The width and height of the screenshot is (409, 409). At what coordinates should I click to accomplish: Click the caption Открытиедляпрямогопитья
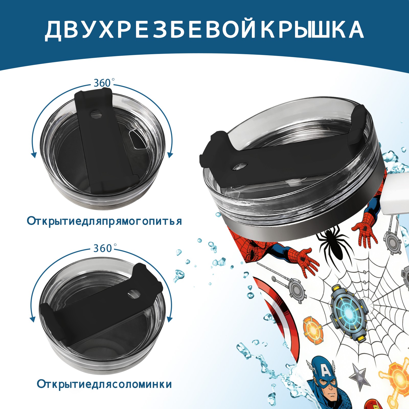coord(104,221)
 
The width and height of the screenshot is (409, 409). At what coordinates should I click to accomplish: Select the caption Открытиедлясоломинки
coord(104,384)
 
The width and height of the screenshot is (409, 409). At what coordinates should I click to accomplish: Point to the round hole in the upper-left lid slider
coord(96,114)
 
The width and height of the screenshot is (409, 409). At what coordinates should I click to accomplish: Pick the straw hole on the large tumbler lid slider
coord(240,166)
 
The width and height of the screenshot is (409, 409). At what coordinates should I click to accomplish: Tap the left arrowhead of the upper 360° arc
coord(33,155)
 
